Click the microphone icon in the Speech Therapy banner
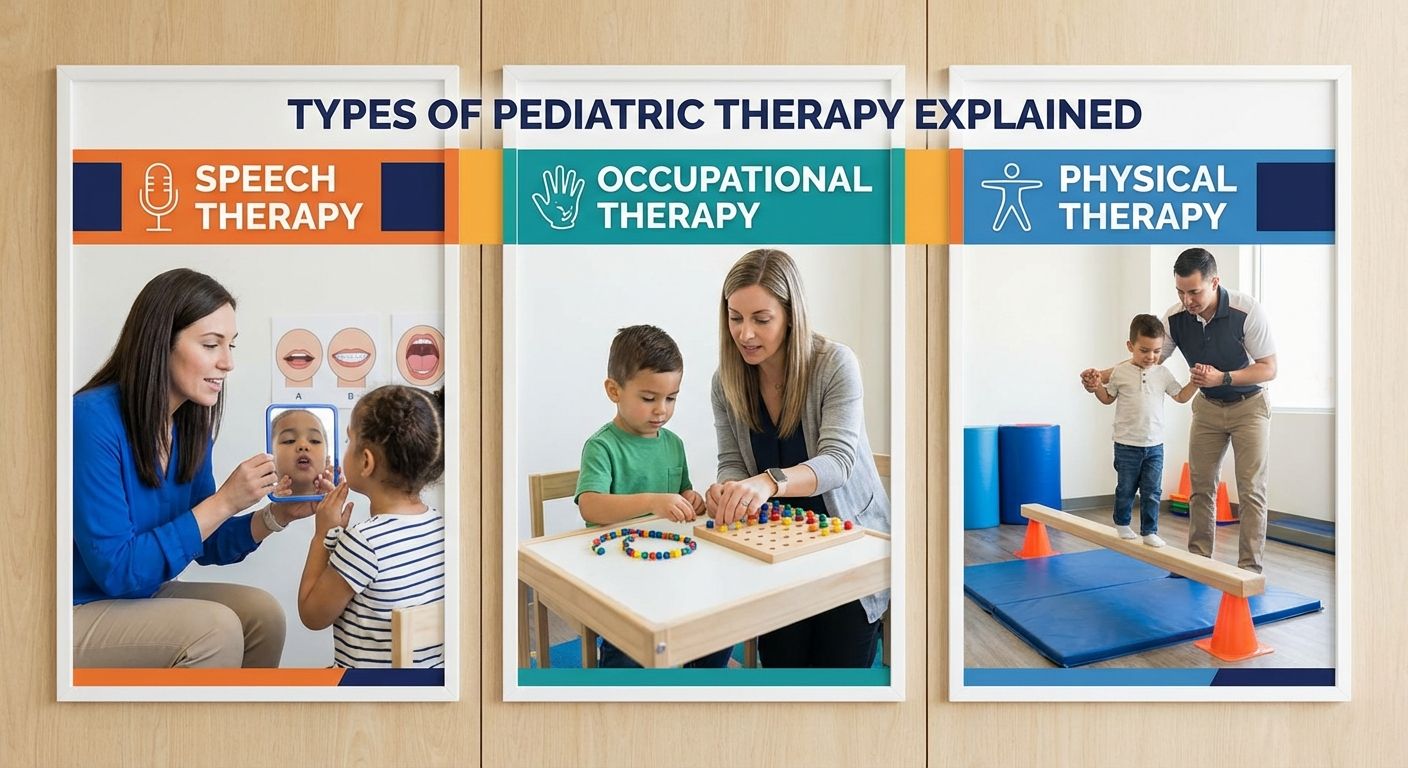(x=158, y=196)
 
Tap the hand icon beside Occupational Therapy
(x=557, y=197)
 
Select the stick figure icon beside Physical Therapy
(x=1010, y=197)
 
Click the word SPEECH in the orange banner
(x=265, y=179)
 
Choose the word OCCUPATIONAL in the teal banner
(x=734, y=179)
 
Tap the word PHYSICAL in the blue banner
(x=1147, y=179)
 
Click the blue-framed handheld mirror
(x=301, y=450)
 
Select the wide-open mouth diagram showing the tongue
(x=420, y=356)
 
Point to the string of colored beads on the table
(x=643, y=543)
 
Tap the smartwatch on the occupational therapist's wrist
(x=777, y=481)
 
